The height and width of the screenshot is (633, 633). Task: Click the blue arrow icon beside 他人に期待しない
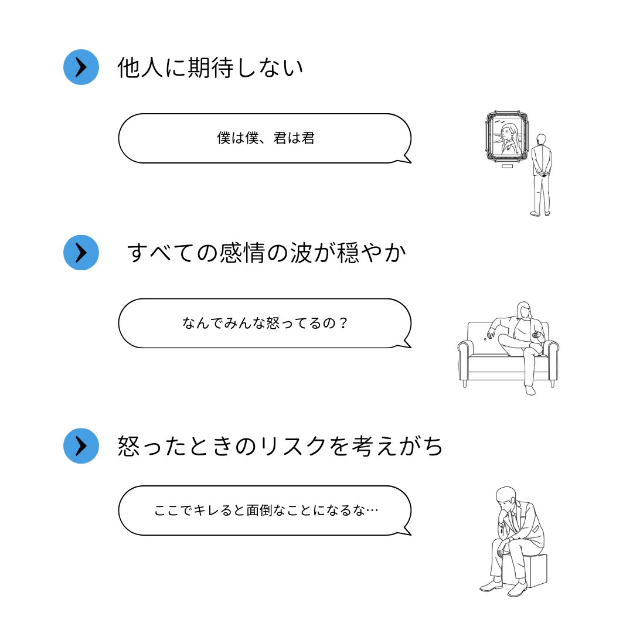click(x=81, y=67)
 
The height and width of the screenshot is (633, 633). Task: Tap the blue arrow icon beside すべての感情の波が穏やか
click(x=81, y=253)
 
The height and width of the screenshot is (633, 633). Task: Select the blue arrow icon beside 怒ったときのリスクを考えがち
click(x=81, y=446)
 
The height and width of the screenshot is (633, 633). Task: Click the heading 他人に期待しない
click(x=210, y=68)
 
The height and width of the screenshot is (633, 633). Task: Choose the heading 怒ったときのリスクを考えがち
click(x=280, y=447)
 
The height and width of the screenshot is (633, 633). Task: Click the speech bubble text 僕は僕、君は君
click(x=266, y=138)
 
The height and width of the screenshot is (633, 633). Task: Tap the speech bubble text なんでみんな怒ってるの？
click(x=266, y=323)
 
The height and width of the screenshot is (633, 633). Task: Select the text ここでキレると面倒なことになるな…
click(x=266, y=510)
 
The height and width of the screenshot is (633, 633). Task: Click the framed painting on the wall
click(x=506, y=137)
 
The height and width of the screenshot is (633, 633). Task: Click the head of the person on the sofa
click(x=523, y=311)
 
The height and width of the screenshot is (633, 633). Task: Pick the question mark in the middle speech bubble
click(x=343, y=323)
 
